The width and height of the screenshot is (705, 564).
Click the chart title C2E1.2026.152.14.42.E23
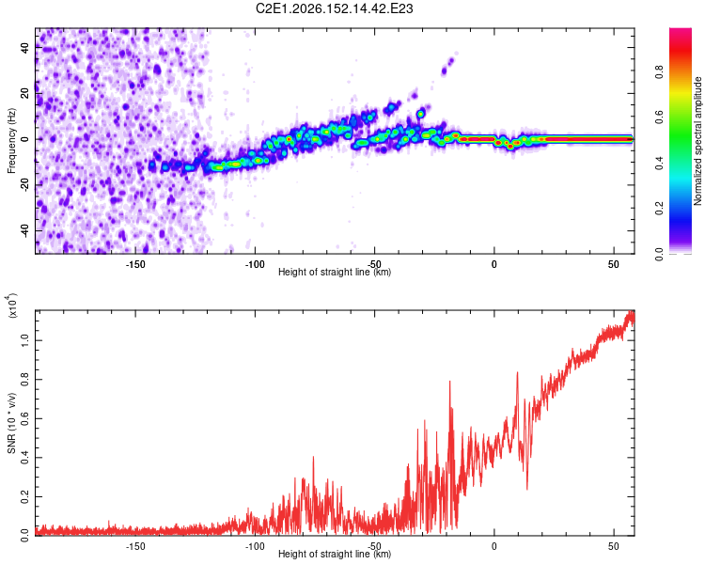point(334,8)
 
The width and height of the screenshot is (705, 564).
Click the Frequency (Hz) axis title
point(11,141)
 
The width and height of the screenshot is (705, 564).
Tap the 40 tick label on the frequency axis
point(25,48)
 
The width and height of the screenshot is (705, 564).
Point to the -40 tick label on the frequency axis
point(25,231)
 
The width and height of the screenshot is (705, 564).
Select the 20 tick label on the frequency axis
point(25,94)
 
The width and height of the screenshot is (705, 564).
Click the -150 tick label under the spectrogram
point(135,264)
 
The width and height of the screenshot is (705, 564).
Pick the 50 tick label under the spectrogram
point(614,264)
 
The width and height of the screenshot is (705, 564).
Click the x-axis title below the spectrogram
point(335,272)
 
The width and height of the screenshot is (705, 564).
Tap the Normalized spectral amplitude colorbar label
point(697,141)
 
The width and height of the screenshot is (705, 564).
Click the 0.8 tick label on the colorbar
point(659,71)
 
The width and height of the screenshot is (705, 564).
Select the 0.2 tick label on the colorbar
point(659,209)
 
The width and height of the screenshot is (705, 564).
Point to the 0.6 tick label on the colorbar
point(659,117)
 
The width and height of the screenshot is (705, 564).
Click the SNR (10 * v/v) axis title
point(11,423)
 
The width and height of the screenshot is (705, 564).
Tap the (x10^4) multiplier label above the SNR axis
point(12,305)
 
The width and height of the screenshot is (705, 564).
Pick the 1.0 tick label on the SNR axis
point(25,340)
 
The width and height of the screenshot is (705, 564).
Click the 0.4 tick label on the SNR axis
point(25,458)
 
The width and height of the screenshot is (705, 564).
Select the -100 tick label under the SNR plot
point(255,546)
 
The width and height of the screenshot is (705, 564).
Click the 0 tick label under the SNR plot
point(494,546)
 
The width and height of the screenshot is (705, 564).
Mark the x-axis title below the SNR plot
point(335,554)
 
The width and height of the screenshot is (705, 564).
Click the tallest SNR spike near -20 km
point(449,382)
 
